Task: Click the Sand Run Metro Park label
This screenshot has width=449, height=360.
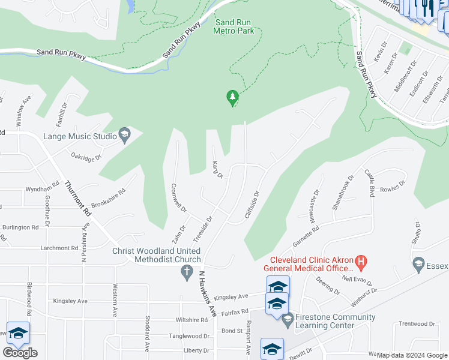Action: pos(235,26)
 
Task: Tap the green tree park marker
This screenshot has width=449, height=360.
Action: pos(232,97)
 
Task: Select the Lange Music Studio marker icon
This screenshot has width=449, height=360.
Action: pos(125,136)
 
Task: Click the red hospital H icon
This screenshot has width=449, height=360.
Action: pos(361,262)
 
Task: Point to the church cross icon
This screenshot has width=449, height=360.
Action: pos(187,272)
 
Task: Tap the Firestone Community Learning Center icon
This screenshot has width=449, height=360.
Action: pos(288,320)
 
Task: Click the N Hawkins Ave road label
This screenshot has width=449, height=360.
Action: pos(207,293)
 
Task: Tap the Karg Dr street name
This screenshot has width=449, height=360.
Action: pos(217,170)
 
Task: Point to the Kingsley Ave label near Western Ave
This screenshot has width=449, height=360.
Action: pos(70,301)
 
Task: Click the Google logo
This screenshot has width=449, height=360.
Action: pos(20,353)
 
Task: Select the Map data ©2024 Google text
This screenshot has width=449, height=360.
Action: pos(411,355)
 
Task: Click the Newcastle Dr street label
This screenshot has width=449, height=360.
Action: pos(315,206)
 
